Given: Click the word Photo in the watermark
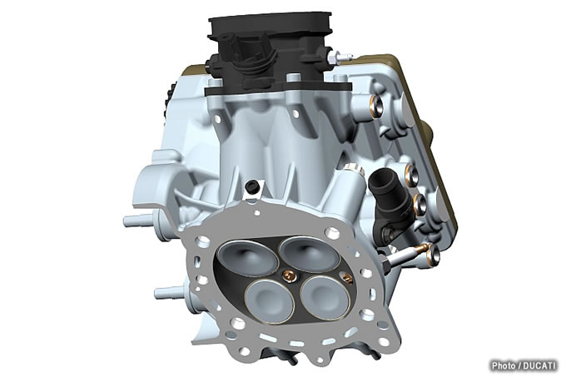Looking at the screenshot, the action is pyautogui.click(x=504, y=365).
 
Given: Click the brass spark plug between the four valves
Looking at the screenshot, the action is pyautogui.click(x=287, y=276).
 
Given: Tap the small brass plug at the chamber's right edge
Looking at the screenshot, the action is pyautogui.click(x=346, y=277).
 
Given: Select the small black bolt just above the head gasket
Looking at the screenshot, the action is pyautogui.click(x=251, y=187).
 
